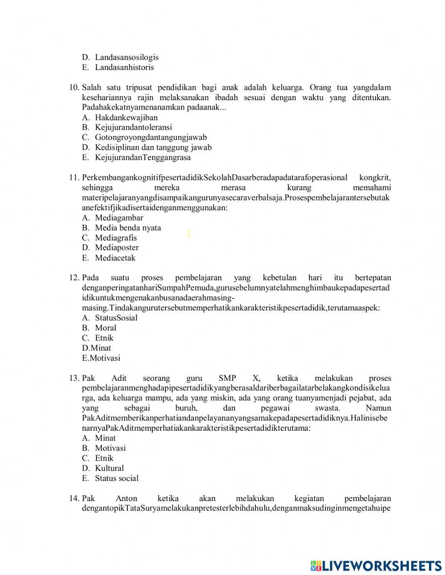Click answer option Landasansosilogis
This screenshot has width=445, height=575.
[126, 57]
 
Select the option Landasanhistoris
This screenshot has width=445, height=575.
[124, 67]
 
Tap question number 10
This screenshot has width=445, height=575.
[74, 87]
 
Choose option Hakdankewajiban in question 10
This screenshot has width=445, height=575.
[126, 118]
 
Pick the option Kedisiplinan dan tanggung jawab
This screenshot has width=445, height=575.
[153, 147]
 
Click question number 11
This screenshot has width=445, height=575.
[74, 178]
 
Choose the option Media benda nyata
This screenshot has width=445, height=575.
[128, 228]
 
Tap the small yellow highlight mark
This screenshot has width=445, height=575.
[189, 233]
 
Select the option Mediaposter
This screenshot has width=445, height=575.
[117, 248]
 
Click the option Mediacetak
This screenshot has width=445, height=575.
[115, 258]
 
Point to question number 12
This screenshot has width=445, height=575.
[74, 278]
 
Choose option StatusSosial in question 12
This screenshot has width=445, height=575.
[116, 318]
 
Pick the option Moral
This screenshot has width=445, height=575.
[105, 328]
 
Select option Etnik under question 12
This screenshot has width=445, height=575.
[104, 338]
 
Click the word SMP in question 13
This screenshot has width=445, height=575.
[227, 378]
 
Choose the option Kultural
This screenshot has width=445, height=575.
[109, 468]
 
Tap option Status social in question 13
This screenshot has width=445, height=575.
[117, 478]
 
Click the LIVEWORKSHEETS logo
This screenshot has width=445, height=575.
[376, 565]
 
